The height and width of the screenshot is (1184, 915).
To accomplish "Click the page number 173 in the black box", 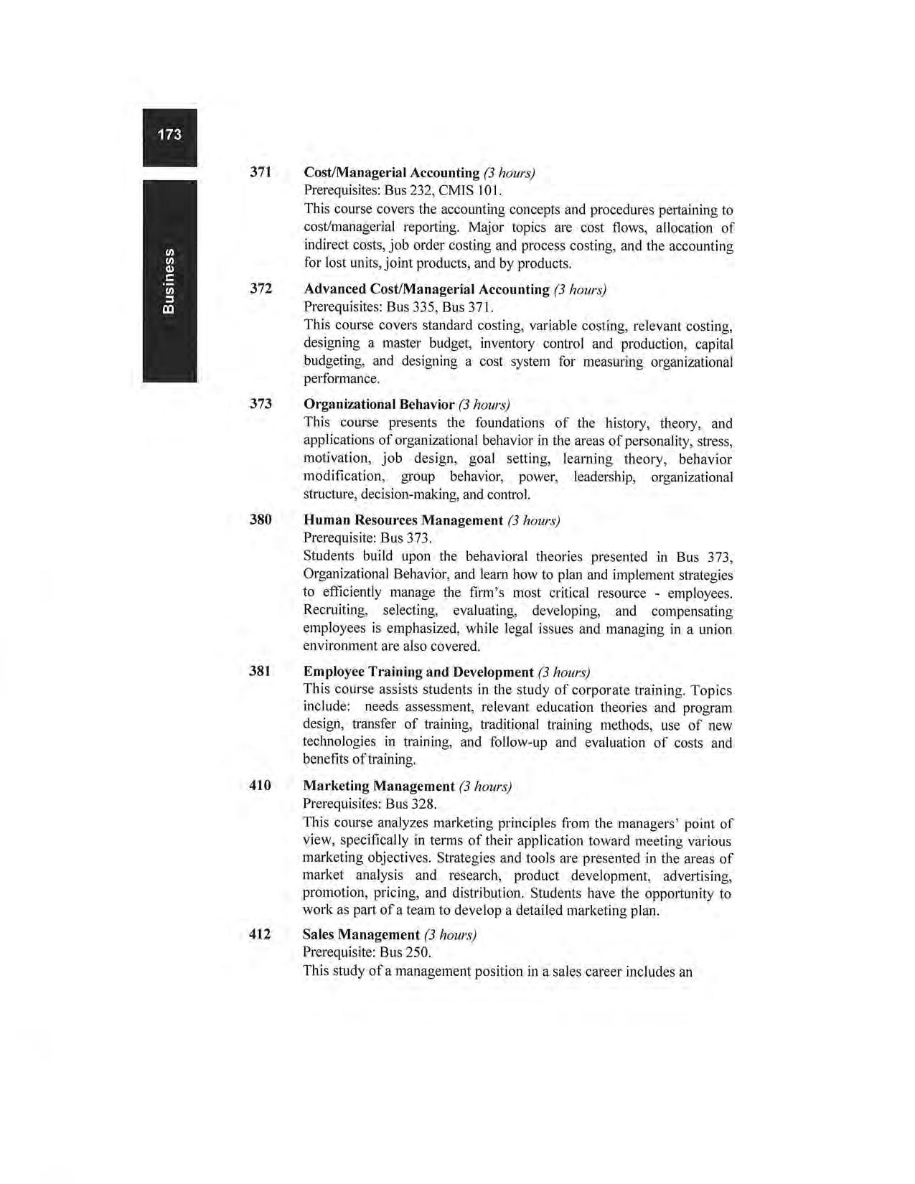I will coord(169,135).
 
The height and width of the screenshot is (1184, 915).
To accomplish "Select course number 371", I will coord(261,172).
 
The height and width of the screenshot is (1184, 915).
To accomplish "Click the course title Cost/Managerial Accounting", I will coord(391,173).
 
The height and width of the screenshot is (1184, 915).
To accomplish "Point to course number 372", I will coord(261,288).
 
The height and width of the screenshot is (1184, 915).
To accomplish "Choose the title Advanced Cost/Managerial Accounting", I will coord(426,289).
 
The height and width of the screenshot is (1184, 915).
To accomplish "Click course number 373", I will coord(261,404).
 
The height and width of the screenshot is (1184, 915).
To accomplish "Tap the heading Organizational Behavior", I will coord(379,405).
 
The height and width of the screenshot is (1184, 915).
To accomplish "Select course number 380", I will coord(261,520).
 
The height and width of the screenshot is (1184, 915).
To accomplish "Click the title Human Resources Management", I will coord(403,520).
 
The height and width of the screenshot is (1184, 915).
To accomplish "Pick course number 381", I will coord(260,672).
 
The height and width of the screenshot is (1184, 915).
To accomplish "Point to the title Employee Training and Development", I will coord(418,672).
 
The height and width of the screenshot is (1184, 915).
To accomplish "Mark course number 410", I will coord(260,786).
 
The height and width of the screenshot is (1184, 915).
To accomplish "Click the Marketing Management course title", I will coord(378,786).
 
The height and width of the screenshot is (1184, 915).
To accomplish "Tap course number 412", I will coord(260,934).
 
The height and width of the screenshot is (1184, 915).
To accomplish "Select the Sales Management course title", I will coord(360,935).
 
